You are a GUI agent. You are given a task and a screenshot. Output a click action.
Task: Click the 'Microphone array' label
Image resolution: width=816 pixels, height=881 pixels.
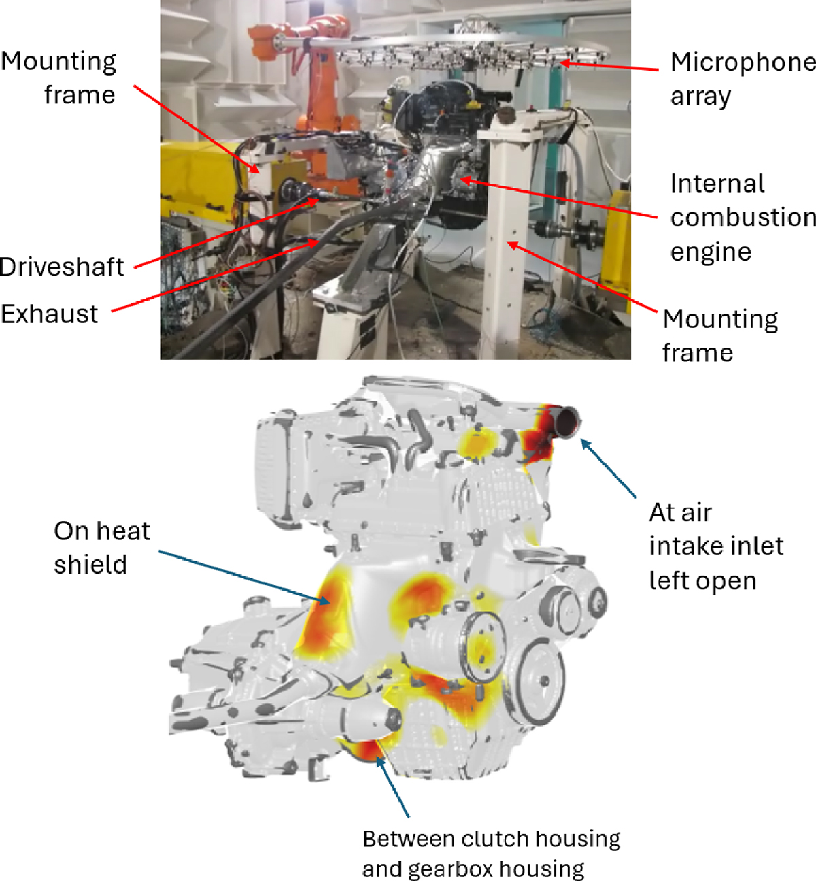coord(743,79)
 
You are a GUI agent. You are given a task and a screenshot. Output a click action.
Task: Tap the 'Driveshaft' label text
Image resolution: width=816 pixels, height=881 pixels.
coord(62,267)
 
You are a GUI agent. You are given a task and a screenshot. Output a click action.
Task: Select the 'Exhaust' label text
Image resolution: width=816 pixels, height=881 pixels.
coord(49,314)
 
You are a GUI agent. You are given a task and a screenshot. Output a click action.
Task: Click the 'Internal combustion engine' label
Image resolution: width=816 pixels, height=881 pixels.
coord(743,218)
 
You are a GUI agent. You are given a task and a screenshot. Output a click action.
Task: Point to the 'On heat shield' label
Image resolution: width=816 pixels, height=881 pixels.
coord(101,548)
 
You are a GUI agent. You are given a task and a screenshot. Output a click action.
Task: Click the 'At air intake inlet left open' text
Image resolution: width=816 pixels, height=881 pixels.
coord(716,546)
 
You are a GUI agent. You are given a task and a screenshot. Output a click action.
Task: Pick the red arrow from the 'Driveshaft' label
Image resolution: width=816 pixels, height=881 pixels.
coord(226,233)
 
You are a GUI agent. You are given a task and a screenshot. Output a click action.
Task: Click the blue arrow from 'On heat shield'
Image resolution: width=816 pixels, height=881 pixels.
coord(244,578)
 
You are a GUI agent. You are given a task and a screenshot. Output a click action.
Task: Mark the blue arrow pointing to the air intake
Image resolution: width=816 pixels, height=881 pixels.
coord(609,468)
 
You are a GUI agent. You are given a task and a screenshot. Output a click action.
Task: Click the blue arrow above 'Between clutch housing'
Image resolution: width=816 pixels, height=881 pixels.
coord(392,786)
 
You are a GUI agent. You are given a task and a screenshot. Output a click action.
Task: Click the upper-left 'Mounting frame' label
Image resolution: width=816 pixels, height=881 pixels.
coord(58,78)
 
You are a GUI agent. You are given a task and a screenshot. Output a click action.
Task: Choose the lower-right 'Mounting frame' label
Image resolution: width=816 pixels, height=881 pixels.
coord(719,336)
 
